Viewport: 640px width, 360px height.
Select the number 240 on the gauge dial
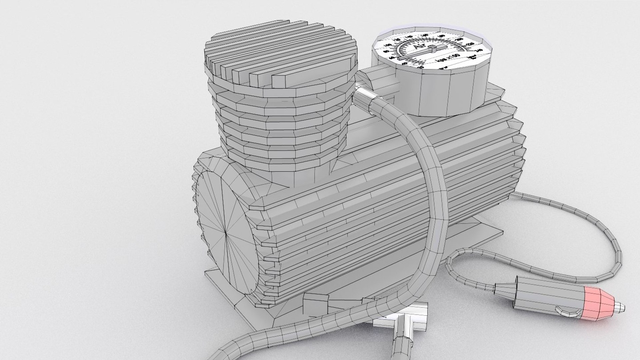(479, 50)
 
